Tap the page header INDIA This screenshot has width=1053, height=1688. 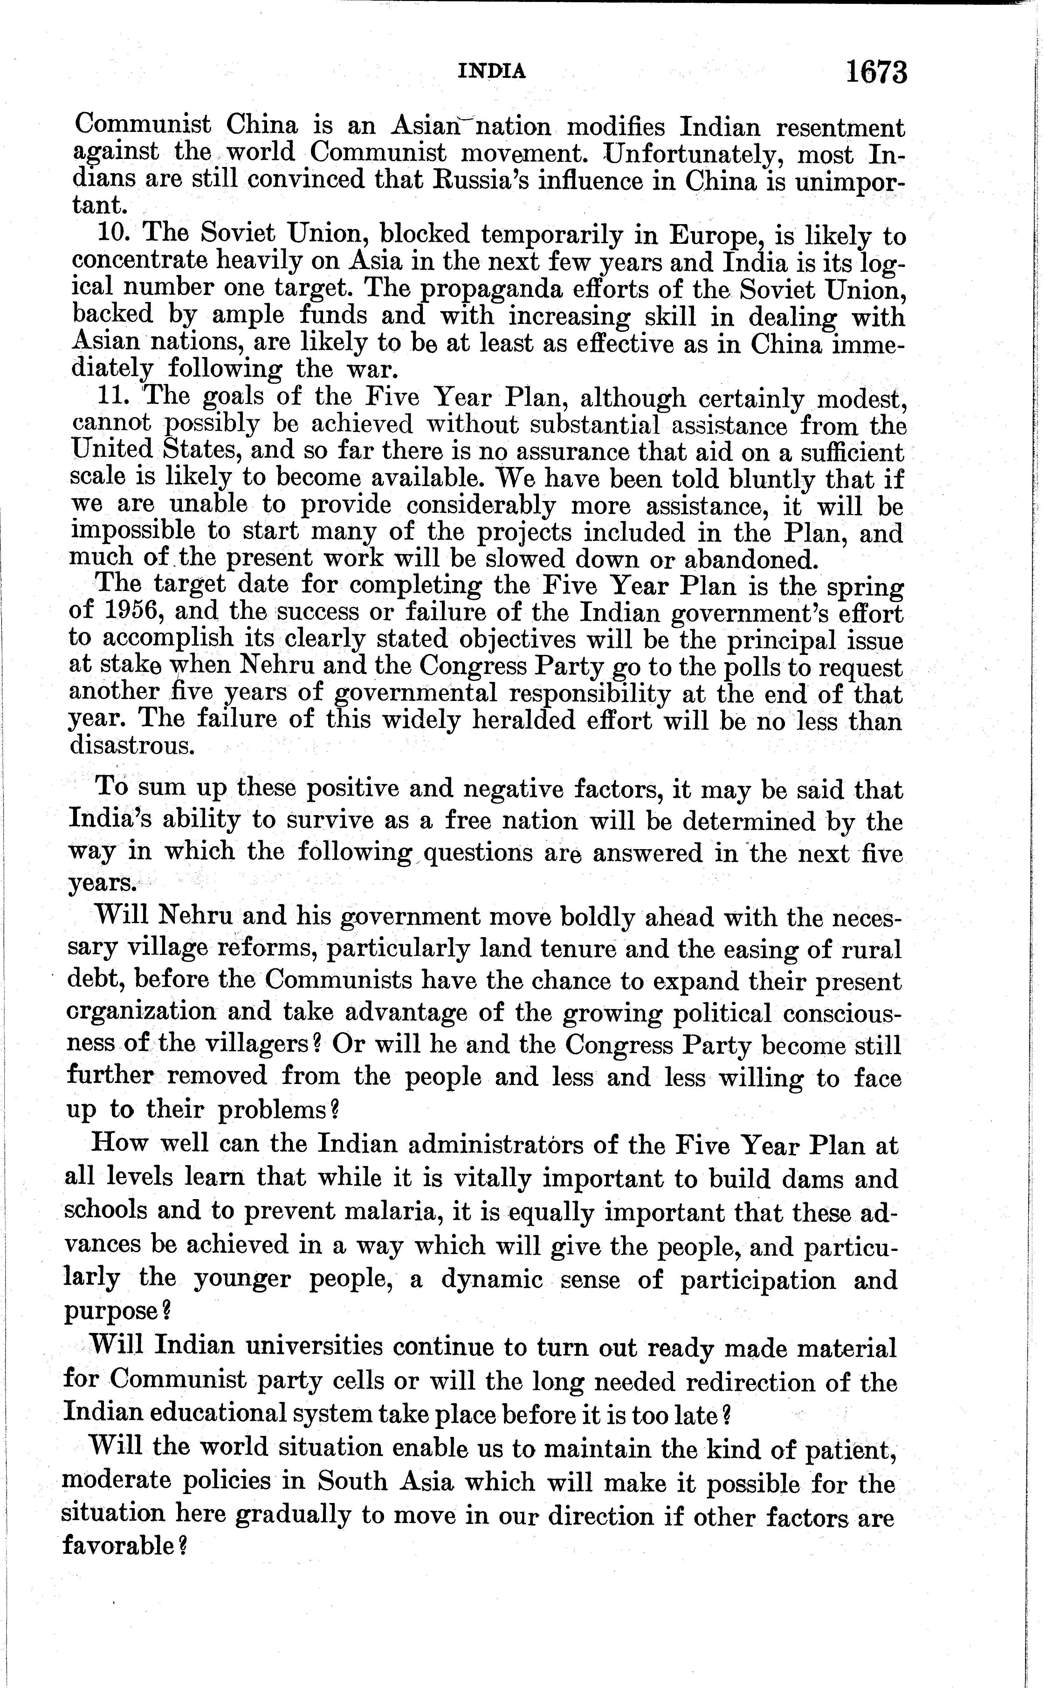(492, 71)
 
